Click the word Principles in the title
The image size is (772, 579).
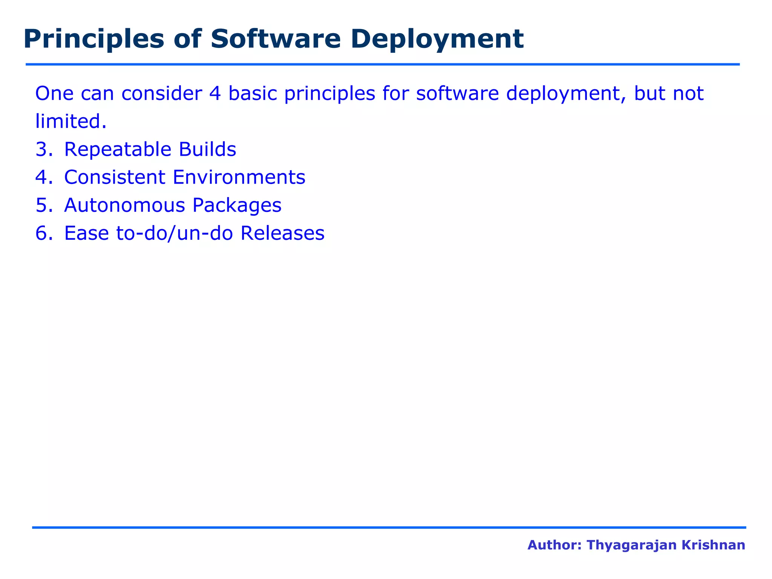pyautogui.click(x=93, y=40)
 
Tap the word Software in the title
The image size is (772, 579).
pyautogui.click(x=276, y=39)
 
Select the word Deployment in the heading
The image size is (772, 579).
pyautogui.click(x=437, y=40)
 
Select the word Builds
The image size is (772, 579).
pyautogui.click(x=207, y=149)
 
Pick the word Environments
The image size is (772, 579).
pyautogui.click(x=239, y=177)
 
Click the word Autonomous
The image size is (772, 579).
pyautogui.click(x=124, y=205)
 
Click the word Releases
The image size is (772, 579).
pyautogui.click(x=282, y=233)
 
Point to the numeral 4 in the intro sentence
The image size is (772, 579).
pyautogui.click(x=214, y=93)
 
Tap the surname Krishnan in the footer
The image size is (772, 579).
pyautogui.click(x=722, y=545)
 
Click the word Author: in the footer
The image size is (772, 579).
pyautogui.click(x=554, y=545)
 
